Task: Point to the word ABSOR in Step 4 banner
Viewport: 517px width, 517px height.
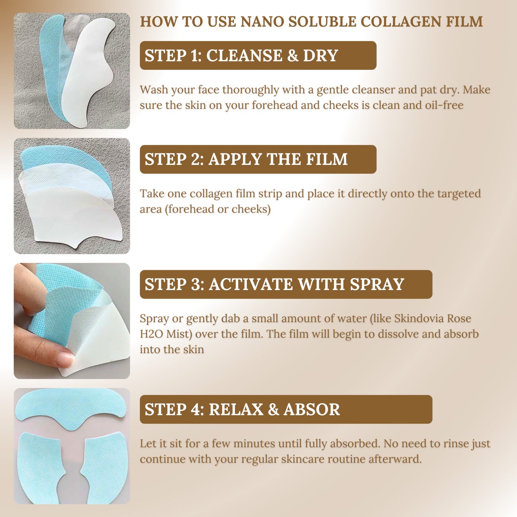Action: pos(312,409)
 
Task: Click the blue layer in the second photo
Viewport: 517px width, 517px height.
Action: pos(81,162)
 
